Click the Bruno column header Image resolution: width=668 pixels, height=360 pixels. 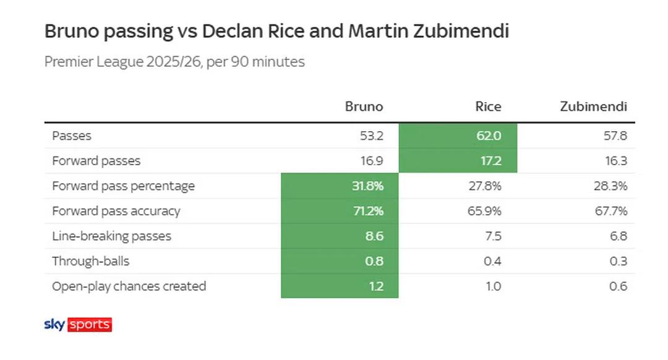tap(364, 106)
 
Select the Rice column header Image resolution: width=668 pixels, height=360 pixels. tap(488, 106)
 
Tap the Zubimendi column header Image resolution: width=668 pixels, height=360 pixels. tap(593, 106)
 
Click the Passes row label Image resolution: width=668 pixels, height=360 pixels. tap(72, 135)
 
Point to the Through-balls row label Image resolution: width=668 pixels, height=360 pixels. tap(90, 261)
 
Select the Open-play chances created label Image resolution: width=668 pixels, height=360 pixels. tap(129, 286)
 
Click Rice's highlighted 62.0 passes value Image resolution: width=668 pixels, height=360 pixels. tap(489, 135)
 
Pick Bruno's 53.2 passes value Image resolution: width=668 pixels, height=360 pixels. tap(372, 135)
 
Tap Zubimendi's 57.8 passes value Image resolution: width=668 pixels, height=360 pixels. tap(615, 135)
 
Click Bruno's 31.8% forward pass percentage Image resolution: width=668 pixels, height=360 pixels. tap(367, 186)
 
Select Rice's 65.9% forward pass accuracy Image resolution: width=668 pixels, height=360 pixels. tap(484, 211)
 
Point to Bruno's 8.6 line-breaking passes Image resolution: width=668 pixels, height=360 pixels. tap(374, 236)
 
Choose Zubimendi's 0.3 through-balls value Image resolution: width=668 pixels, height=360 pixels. tap(618, 261)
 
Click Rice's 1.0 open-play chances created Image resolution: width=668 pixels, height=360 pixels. tap(494, 286)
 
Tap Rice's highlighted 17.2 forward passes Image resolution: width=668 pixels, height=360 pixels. tap(490, 161)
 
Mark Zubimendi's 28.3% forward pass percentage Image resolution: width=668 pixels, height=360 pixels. tap(610, 186)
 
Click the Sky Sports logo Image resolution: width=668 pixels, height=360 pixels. tap(78, 324)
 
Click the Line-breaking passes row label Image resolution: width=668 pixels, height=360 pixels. tap(111, 236)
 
